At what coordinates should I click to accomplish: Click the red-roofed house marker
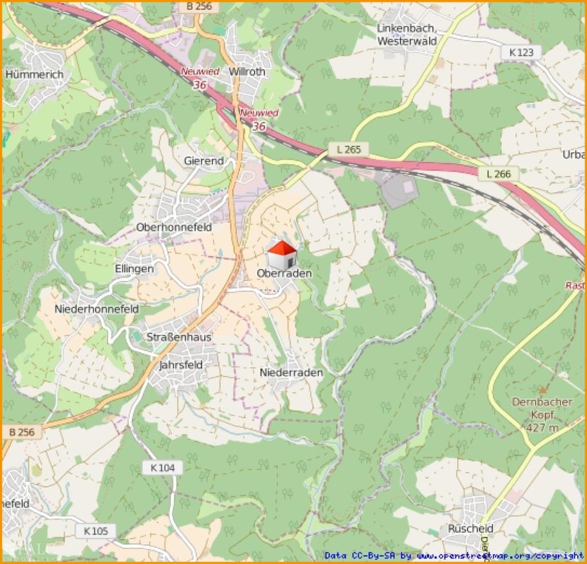click(x=282, y=255)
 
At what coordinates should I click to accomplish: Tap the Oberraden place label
click(x=284, y=273)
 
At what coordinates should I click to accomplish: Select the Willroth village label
click(x=247, y=72)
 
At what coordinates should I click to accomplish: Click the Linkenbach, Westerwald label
click(x=407, y=35)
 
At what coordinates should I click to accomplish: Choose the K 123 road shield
click(x=521, y=53)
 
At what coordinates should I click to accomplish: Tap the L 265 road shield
click(x=349, y=150)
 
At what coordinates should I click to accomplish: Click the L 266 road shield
click(x=498, y=173)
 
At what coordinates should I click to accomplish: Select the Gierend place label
click(x=204, y=161)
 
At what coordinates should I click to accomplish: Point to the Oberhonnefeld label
click(x=174, y=227)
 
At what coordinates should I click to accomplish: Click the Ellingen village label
click(x=134, y=268)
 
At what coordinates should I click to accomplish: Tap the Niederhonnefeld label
click(x=96, y=309)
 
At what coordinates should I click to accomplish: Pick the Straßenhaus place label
click(x=179, y=337)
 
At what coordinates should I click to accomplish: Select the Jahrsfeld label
click(x=181, y=365)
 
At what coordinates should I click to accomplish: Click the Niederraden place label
click(x=291, y=373)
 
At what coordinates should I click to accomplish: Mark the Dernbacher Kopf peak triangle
click(x=542, y=390)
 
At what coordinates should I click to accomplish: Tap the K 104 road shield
click(x=162, y=468)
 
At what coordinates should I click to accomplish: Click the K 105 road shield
click(x=95, y=531)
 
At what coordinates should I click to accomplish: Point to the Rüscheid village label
click(x=471, y=528)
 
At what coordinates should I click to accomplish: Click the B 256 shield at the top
click(x=199, y=6)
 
